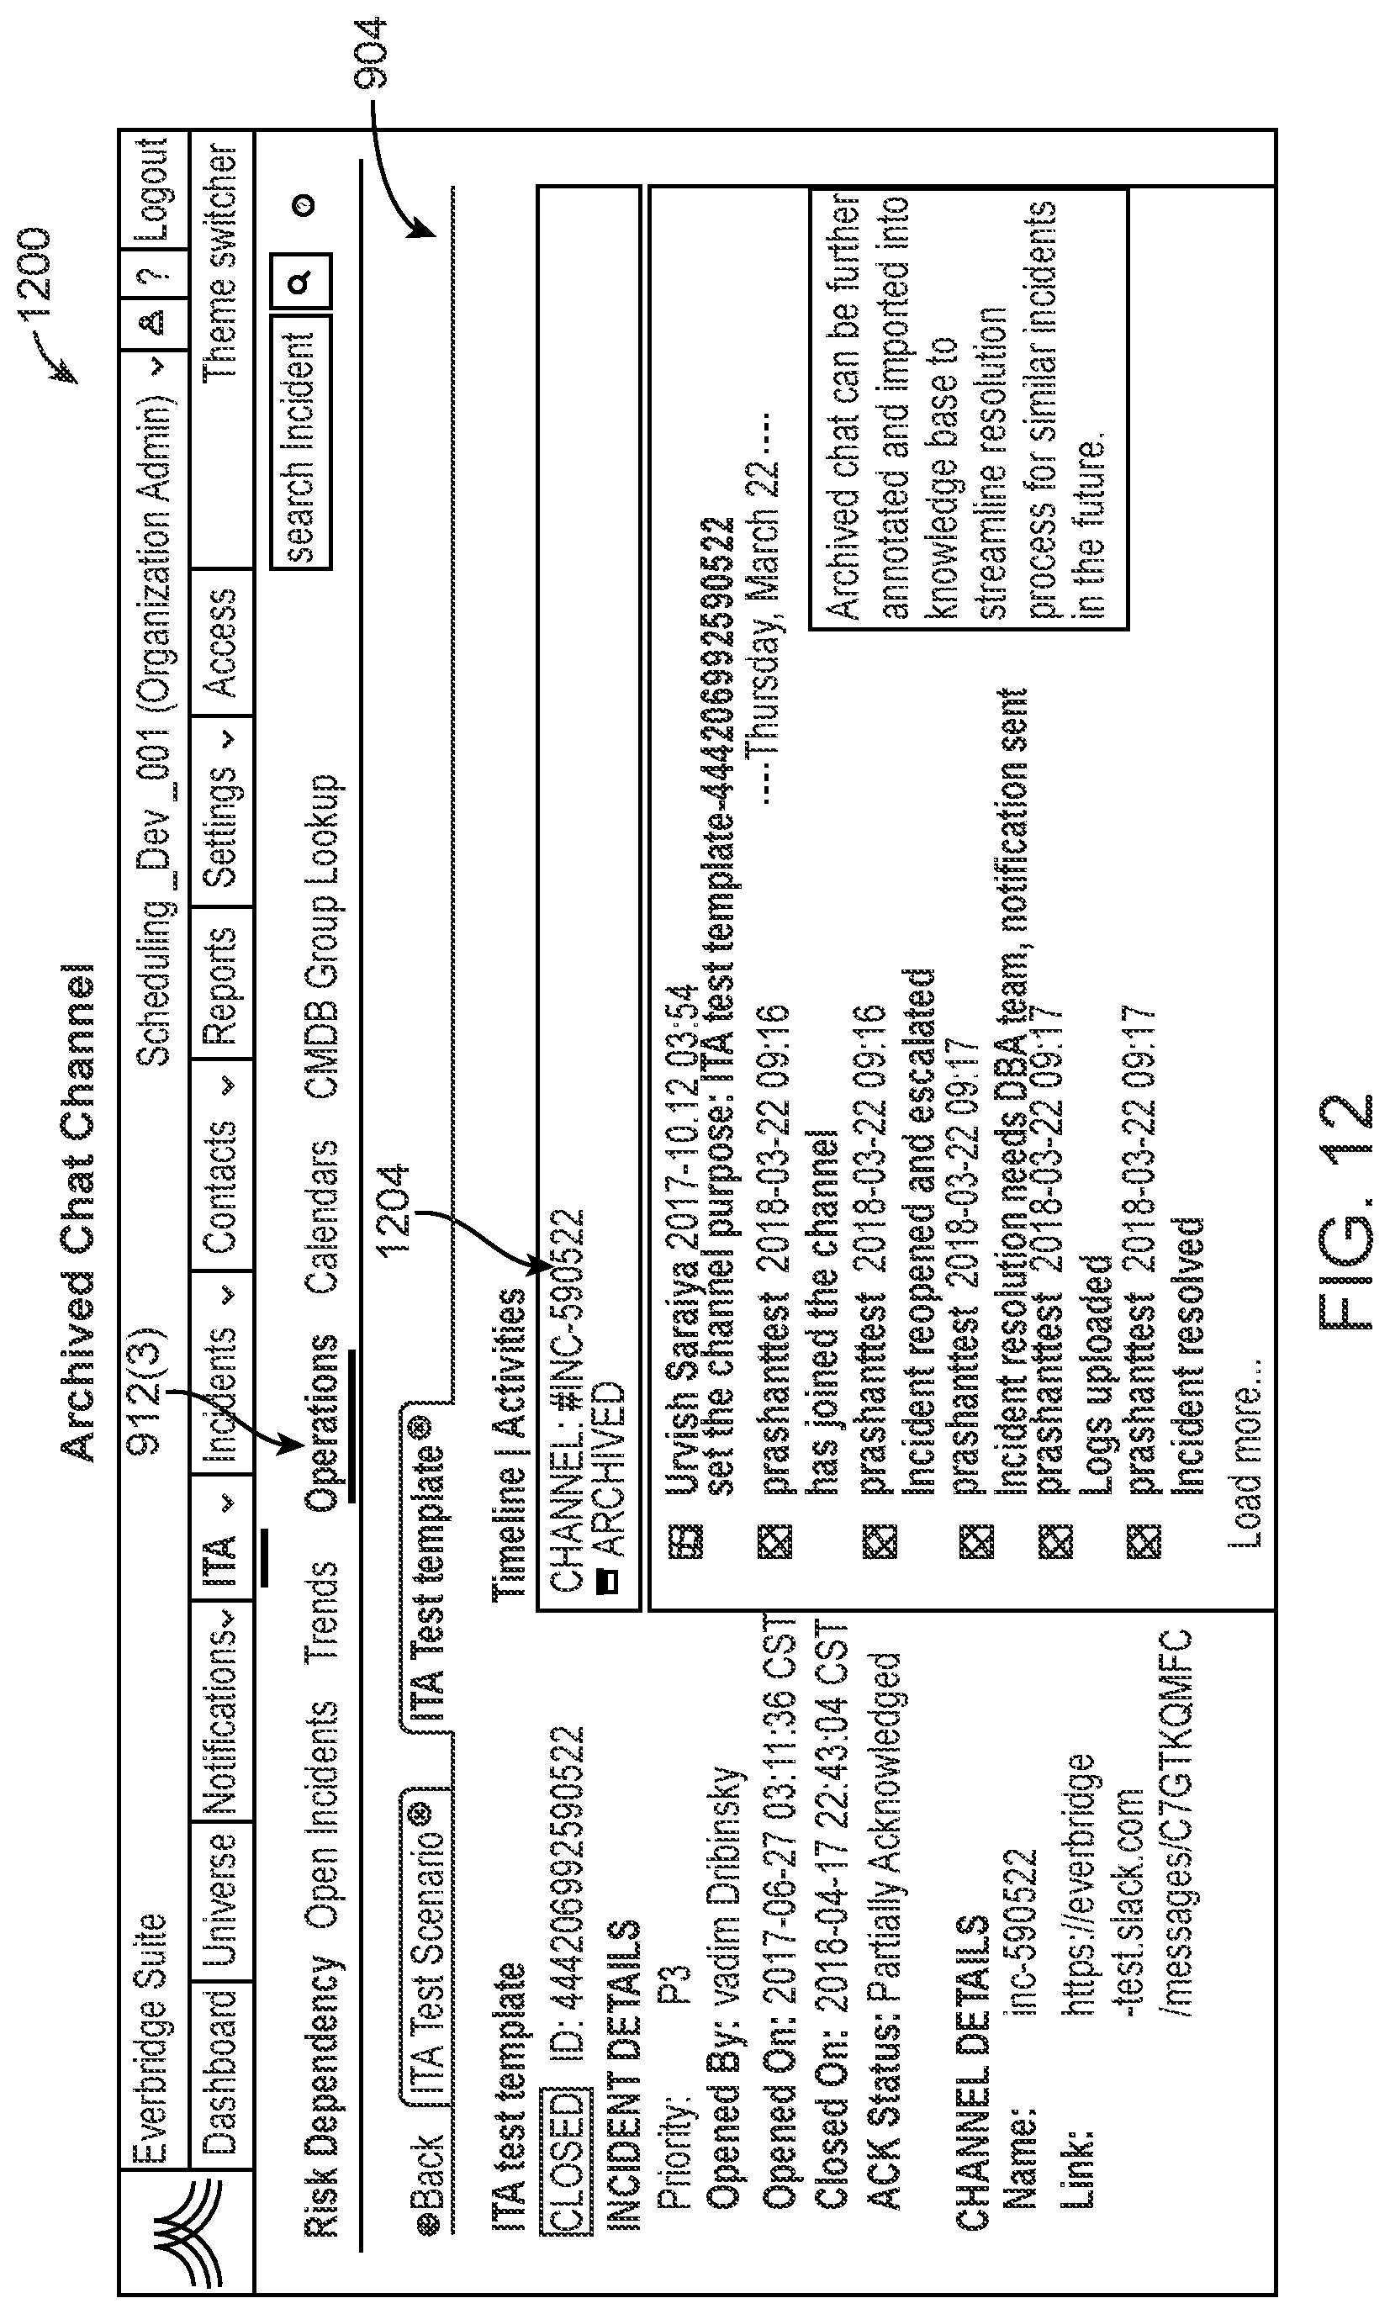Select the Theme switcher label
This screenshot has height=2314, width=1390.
click(x=222, y=262)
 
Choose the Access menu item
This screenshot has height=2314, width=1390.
click(x=222, y=643)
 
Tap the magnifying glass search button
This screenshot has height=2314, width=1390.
click(x=301, y=282)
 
